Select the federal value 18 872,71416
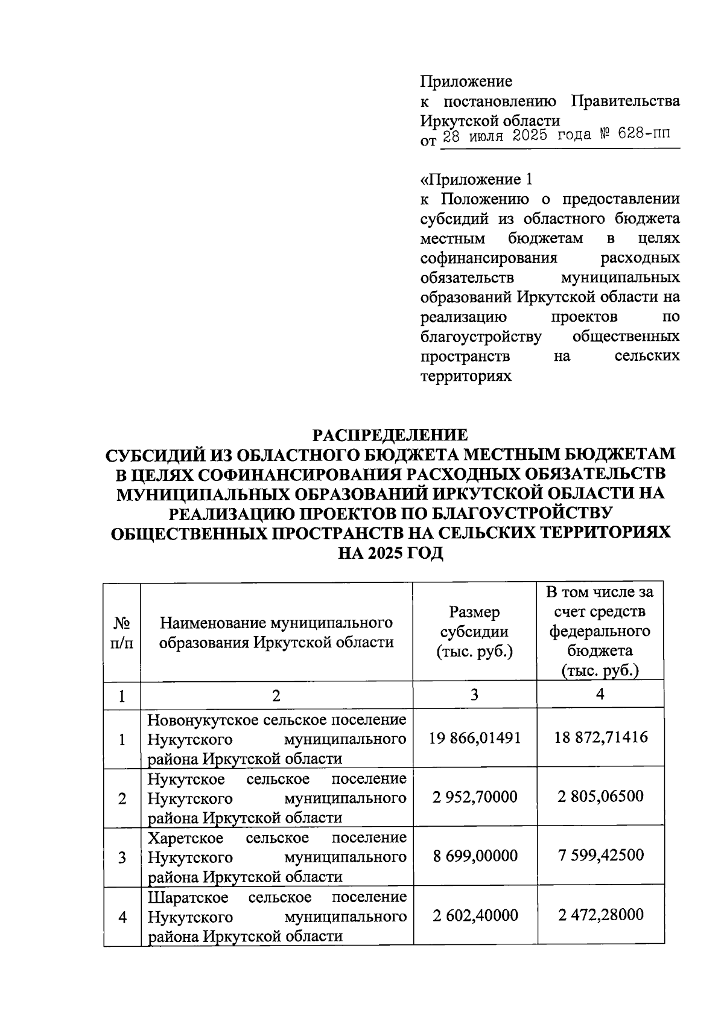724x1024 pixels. (x=600, y=737)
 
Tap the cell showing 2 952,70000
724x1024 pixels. (x=475, y=797)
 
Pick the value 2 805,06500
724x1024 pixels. (x=600, y=797)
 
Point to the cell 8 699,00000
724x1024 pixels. (x=475, y=856)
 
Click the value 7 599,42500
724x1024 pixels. (x=600, y=855)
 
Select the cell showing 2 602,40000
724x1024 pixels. (x=475, y=915)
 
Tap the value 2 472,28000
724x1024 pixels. (x=600, y=915)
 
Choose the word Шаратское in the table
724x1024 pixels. (x=188, y=897)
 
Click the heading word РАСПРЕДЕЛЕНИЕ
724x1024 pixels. (x=389, y=435)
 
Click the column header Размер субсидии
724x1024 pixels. (x=474, y=632)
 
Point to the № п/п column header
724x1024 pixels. (x=122, y=632)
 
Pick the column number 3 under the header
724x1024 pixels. (x=475, y=695)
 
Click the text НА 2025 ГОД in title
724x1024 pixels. (x=390, y=553)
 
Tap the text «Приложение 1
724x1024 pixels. (x=477, y=180)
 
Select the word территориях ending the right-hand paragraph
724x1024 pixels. (x=466, y=376)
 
